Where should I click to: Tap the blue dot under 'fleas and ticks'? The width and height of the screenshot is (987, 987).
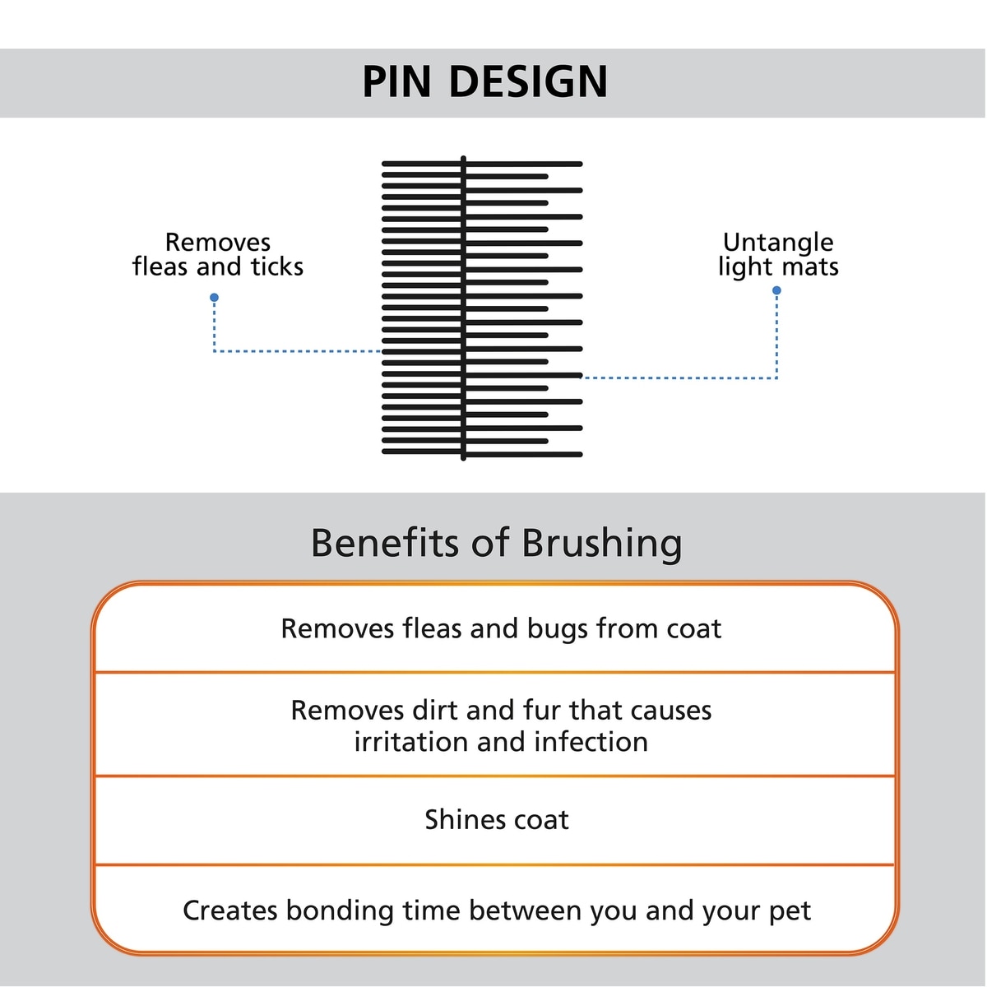click(x=214, y=298)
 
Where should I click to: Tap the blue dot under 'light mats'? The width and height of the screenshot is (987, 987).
click(x=776, y=290)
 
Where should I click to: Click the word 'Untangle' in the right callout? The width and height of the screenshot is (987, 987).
click(x=778, y=243)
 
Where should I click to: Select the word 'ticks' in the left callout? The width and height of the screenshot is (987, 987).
click(x=277, y=266)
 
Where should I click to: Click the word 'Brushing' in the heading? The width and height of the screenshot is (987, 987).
click(x=601, y=544)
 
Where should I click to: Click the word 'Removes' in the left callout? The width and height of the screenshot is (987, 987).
click(x=218, y=242)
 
